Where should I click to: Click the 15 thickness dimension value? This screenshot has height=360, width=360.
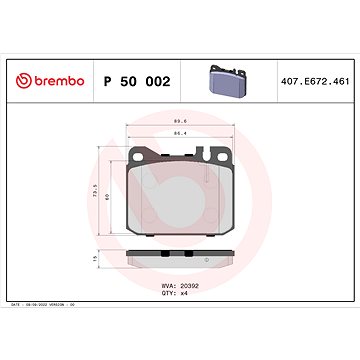click(x=94, y=257)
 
